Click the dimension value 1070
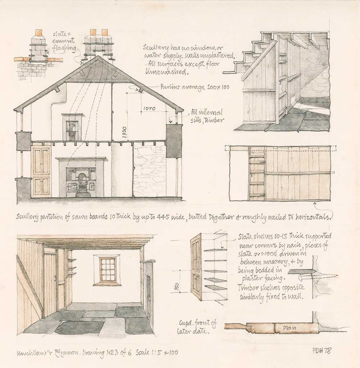click(x=148, y=108)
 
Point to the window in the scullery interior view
click(x=107, y=269)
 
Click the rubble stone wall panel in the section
click(x=149, y=170)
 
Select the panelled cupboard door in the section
click(x=41, y=170)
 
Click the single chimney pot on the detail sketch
click(x=39, y=34)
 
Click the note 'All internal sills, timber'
click(x=207, y=116)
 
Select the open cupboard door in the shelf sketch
click(x=197, y=266)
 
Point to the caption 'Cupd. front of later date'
click(x=197, y=327)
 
